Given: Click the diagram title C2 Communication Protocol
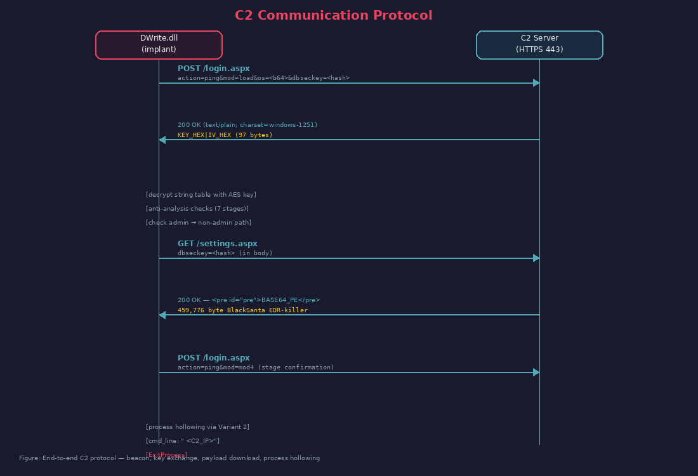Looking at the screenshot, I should coord(333,16).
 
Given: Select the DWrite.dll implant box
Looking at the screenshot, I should coord(159,44).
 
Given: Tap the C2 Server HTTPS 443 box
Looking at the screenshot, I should coord(539,44).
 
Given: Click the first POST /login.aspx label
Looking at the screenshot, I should coord(213,69).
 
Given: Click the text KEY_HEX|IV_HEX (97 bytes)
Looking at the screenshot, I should coord(225,135).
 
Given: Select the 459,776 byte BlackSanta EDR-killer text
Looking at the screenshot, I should coord(242,310).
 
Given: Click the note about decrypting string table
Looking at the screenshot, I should coord(201,195).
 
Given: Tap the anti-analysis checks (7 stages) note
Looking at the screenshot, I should coord(197,209).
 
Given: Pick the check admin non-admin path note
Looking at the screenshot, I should coord(199,223).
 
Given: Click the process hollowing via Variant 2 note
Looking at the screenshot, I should coord(197,427).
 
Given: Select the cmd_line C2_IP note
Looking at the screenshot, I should coord(183,441).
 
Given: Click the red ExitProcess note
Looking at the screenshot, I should coord(166,454).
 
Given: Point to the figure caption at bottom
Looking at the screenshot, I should coord(169,458).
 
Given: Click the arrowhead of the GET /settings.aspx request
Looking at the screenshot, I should coord(536,258).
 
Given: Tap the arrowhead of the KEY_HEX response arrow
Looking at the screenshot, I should coord(162,140).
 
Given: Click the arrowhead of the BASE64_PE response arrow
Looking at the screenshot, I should coord(162,315).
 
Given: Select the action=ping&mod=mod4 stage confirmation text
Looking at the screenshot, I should coord(256,367).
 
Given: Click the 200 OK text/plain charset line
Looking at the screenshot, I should coord(247,125).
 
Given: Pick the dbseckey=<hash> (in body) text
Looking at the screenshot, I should coord(225,253).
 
